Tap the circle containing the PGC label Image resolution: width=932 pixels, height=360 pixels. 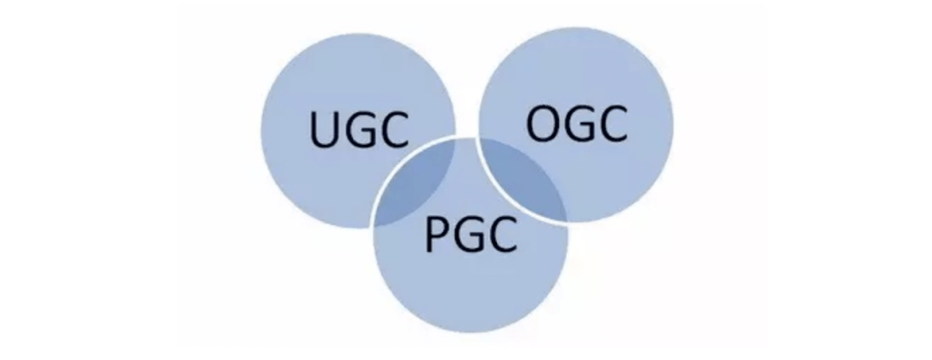coord(470,285)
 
